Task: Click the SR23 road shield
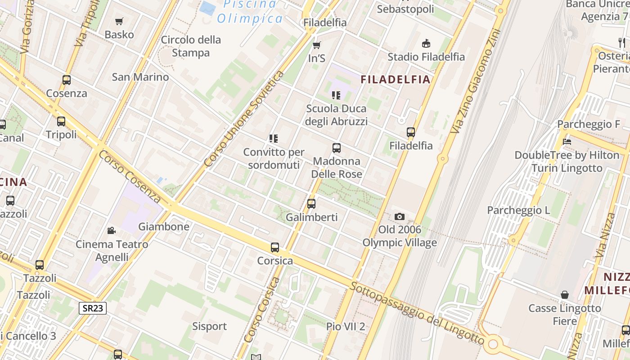click(x=93, y=308)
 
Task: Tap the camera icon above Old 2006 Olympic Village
click(x=399, y=217)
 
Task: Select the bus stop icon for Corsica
click(x=275, y=247)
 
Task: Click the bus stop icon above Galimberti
click(x=311, y=204)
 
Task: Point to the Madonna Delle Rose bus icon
click(x=336, y=148)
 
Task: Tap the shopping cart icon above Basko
click(x=119, y=21)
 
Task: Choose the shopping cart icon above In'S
click(x=317, y=45)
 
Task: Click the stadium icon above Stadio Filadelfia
click(x=426, y=43)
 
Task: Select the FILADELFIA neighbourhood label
click(x=396, y=80)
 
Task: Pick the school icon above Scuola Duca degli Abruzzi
click(x=336, y=95)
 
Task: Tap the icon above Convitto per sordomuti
click(x=274, y=139)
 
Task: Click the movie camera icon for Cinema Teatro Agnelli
click(x=111, y=231)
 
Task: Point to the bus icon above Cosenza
click(x=67, y=80)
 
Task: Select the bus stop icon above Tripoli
click(x=61, y=121)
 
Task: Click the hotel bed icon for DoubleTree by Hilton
click(x=567, y=141)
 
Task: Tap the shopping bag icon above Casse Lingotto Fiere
click(x=565, y=295)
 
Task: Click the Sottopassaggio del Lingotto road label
click(x=417, y=314)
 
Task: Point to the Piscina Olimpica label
click(x=250, y=12)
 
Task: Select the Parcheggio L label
click(x=518, y=210)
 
